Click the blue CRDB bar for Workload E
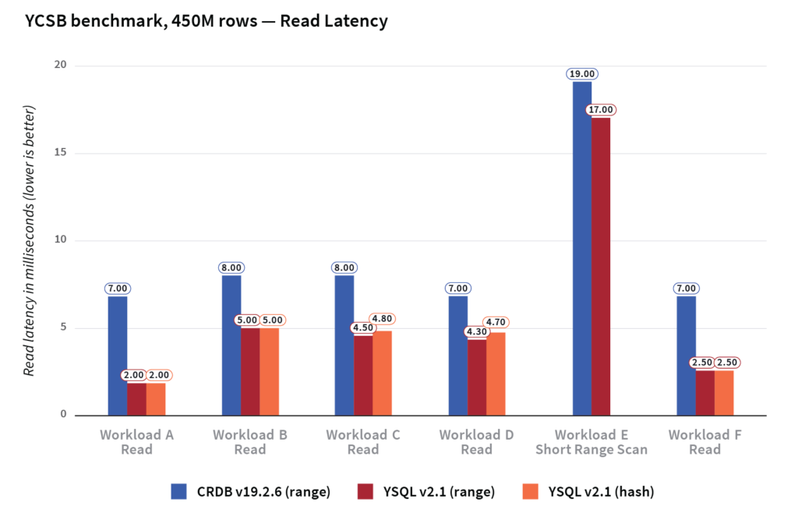582,249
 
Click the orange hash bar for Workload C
383,373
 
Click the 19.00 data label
582,74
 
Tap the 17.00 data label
601,110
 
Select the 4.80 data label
383,319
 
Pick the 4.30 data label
477,331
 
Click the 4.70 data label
496,321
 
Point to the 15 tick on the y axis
62,153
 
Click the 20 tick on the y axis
62,65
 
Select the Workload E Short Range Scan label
591,442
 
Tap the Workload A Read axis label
136,442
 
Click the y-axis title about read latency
29,240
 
